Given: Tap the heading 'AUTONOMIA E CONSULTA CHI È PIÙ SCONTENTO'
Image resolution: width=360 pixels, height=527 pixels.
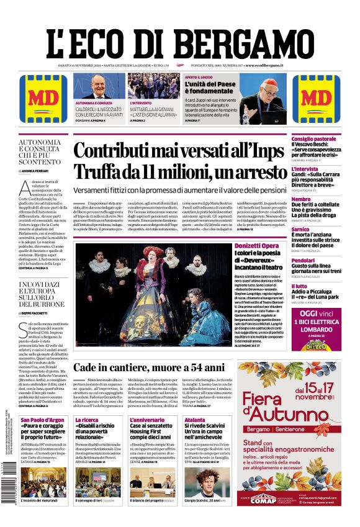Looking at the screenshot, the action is pos(40,152).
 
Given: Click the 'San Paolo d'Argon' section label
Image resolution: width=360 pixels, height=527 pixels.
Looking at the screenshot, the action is pos(42,420).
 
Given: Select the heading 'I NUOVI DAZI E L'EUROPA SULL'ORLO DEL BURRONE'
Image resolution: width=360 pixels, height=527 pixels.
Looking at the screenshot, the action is pos(40,297).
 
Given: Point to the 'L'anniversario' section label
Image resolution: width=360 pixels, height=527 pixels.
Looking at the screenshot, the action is pos(147,420).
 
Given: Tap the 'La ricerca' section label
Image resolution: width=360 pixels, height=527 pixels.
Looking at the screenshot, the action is pos(86,420).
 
